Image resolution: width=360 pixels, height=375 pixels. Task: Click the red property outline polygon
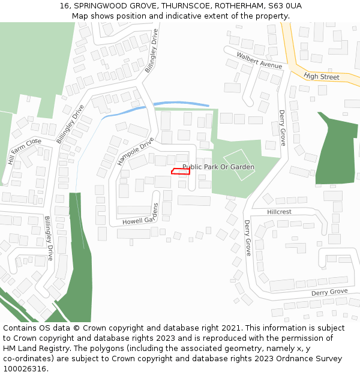coord(181,172)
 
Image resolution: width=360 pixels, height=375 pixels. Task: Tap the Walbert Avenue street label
coord(259,60)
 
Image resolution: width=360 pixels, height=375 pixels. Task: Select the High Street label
coord(322,77)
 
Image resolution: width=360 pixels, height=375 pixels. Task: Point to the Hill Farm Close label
coord(24,151)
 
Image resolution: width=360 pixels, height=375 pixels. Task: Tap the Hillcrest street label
coord(279,212)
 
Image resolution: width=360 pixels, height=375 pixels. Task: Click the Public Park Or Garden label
coord(218,167)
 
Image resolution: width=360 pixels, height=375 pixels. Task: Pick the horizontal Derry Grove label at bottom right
coord(329,292)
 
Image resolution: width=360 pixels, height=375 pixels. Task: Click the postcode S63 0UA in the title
coord(286,6)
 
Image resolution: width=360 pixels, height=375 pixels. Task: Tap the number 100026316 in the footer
coord(25,369)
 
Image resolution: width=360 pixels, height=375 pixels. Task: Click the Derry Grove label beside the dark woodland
coord(282,128)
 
